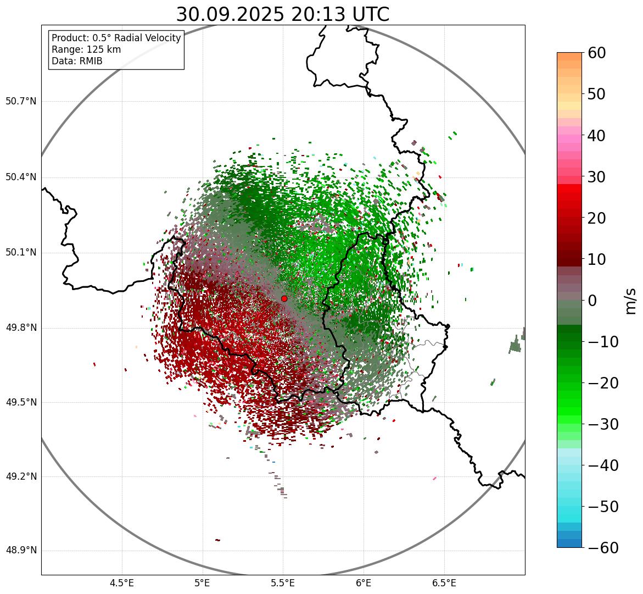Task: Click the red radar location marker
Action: (x=284, y=298)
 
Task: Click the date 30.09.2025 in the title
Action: (x=230, y=14)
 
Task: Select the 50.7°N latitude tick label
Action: (x=21, y=101)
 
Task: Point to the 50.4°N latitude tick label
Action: (x=21, y=177)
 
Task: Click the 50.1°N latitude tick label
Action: (x=21, y=253)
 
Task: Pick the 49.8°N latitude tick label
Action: (x=21, y=327)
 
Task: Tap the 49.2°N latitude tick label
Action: (x=21, y=476)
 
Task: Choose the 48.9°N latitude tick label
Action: (x=21, y=551)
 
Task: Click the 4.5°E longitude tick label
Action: (x=122, y=583)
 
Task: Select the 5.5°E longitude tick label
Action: (x=283, y=583)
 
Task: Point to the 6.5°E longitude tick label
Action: (x=444, y=583)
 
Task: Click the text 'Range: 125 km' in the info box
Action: (x=86, y=49)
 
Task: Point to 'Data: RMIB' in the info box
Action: (x=77, y=61)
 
